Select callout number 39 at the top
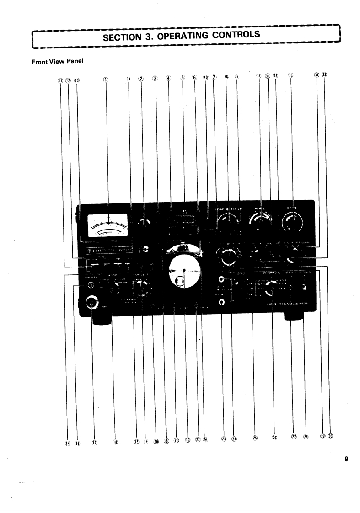[129, 79]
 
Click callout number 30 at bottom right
[330, 437]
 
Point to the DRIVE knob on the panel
[291, 223]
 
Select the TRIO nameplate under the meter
[108, 250]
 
